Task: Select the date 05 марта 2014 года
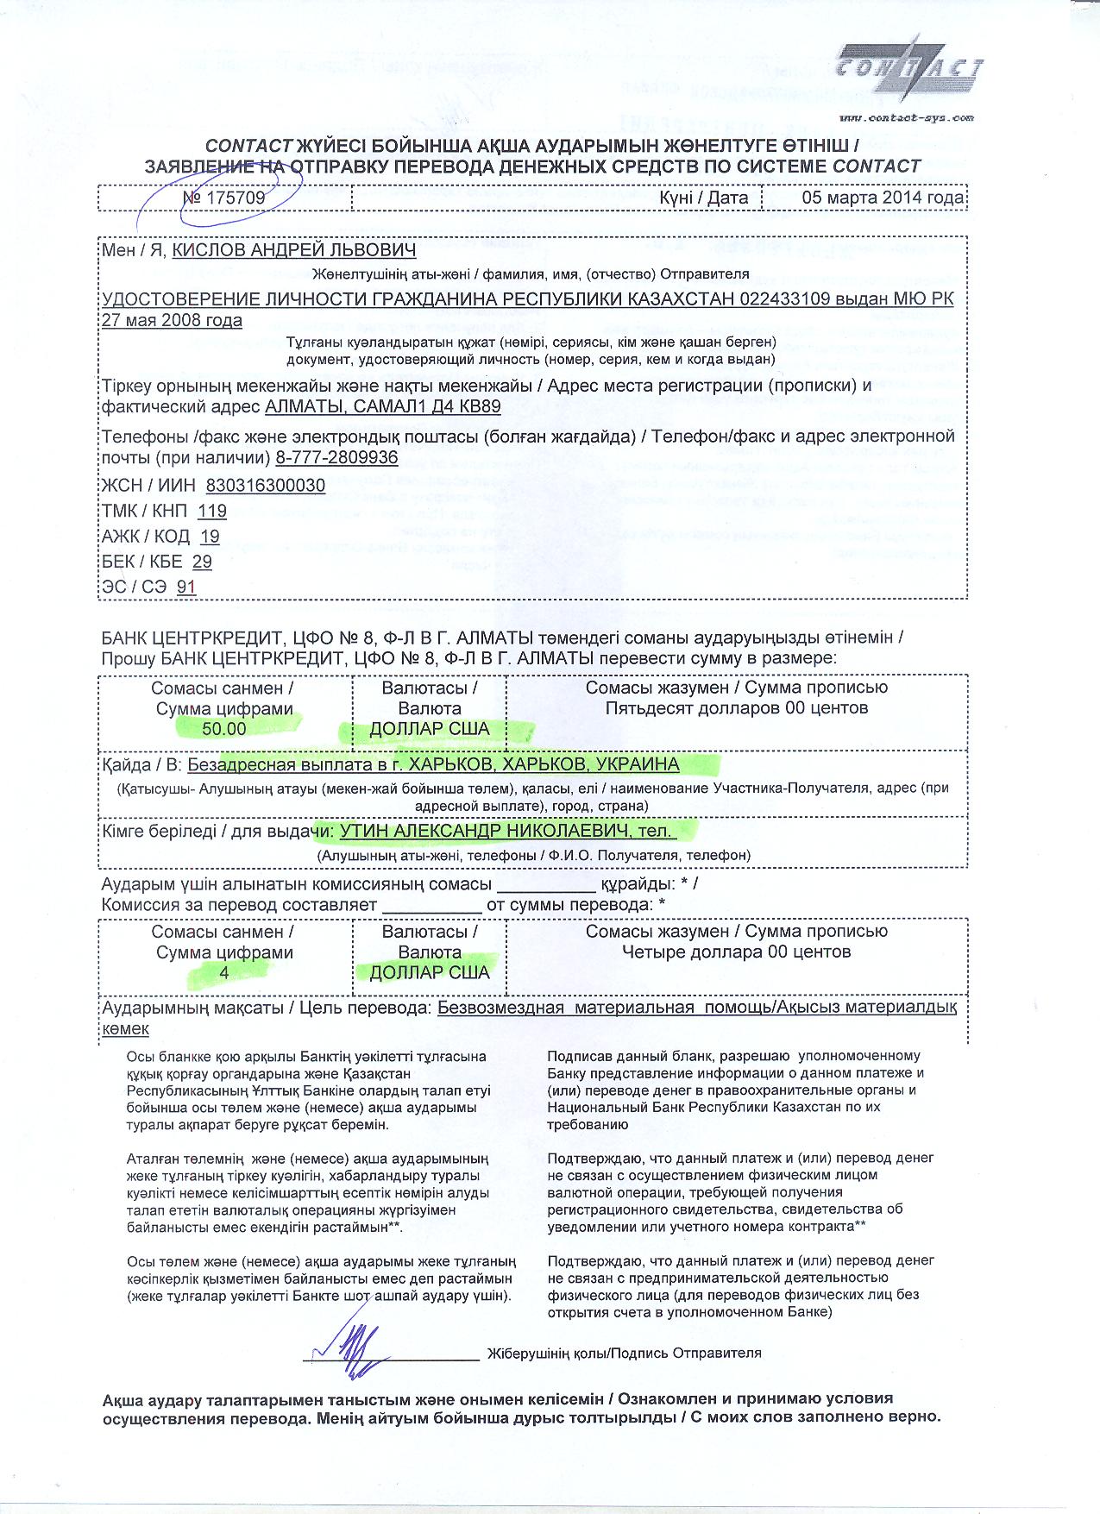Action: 883,198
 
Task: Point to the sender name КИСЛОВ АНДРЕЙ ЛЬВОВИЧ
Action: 294,250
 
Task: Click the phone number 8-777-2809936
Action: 337,457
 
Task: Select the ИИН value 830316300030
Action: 266,486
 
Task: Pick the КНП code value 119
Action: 212,511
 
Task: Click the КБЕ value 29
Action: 202,562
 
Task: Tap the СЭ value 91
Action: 186,587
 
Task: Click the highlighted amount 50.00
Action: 224,729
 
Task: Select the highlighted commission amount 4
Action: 224,972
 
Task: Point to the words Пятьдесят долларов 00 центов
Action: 736,708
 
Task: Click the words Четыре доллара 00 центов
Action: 736,952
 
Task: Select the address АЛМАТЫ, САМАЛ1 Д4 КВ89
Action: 382,406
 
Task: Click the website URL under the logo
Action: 906,117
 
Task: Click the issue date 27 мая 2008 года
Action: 172,321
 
